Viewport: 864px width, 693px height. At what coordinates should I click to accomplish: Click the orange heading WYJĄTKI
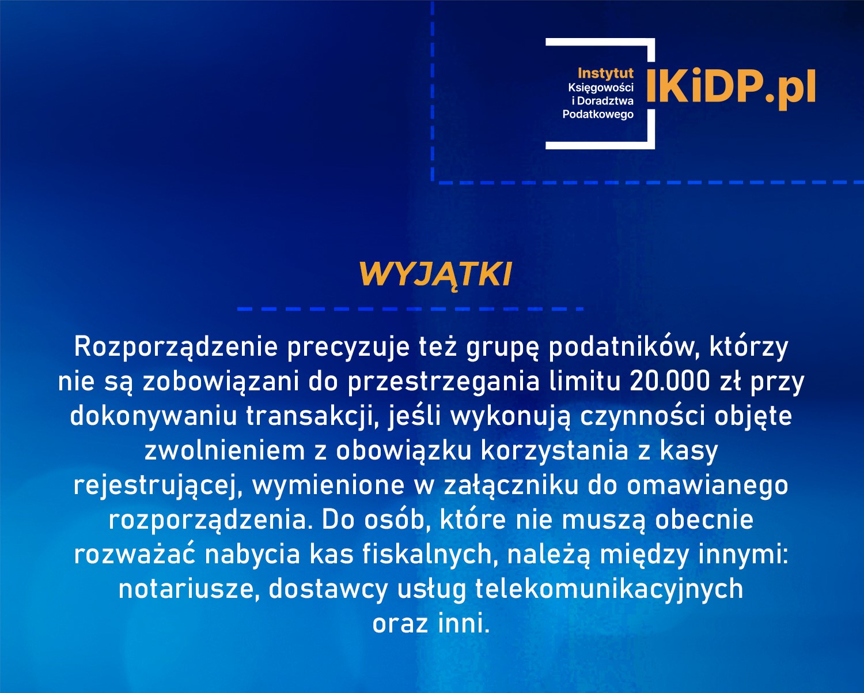point(435,274)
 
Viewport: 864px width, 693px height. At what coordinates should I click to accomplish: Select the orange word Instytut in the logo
point(605,73)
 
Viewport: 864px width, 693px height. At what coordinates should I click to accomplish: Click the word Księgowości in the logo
point(600,88)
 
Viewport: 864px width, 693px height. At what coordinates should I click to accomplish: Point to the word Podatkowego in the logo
point(598,114)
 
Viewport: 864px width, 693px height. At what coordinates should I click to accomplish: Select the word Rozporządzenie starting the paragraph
point(176,347)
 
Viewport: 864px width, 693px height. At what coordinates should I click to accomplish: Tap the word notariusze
point(188,589)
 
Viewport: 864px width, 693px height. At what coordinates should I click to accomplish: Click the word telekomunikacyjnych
point(609,589)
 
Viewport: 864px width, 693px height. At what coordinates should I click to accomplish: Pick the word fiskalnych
point(426,555)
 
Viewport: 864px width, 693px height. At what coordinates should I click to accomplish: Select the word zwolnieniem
point(224,451)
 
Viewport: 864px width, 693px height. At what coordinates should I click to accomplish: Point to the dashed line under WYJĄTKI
point(410,309)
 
